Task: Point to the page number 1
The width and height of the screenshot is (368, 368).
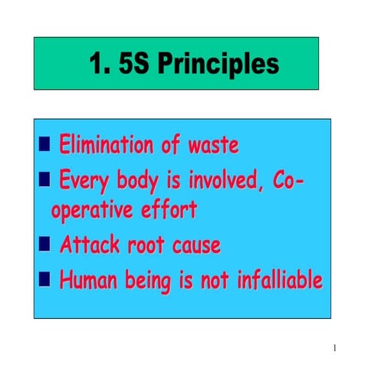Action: point(335,349)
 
